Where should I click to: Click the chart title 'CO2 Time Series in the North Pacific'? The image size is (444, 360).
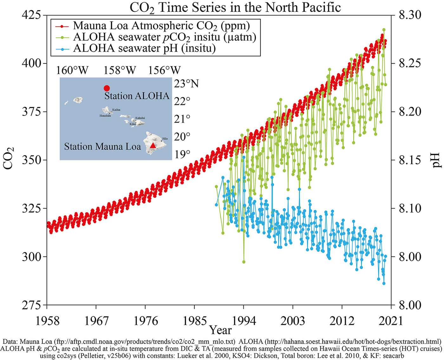[x=235, y=8]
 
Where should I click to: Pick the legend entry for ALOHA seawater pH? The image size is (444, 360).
[x=144, y=49]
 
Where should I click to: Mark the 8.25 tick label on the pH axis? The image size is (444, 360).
[x=410, y=63]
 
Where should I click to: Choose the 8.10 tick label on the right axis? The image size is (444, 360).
[x=410, y=208]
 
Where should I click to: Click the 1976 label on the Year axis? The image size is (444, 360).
[x=146, y=321]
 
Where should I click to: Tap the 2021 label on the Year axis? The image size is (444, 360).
[x=391, y=321]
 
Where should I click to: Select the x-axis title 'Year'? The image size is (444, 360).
[x=221, y=330]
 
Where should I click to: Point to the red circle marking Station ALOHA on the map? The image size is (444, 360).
[x=107, y=88]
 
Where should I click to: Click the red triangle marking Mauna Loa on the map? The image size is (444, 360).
[x=153, y=145]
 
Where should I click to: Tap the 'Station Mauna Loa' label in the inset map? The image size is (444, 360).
[x=102, y=147]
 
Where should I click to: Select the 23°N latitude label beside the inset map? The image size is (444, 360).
[x=186, y=84]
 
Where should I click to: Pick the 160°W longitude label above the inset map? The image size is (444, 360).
[x=72, y=70]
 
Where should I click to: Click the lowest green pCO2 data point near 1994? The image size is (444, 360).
[x=244, y=262]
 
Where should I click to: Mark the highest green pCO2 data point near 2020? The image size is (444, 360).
[x=384, y=30]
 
